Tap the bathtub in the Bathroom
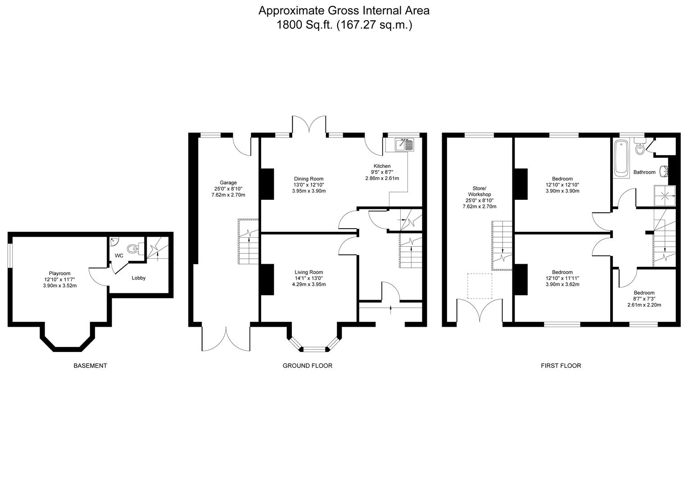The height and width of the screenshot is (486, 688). (x=621, y=158)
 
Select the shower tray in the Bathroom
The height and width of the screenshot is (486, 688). (x=665, y=195)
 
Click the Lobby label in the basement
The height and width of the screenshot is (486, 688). (x=138, y=278)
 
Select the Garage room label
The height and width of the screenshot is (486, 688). (x=228, y=182)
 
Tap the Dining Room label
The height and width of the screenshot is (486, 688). (x=308, y=179)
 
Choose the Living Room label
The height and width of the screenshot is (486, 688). (x=308, y=272)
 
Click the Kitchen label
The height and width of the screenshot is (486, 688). (x=382, y=166)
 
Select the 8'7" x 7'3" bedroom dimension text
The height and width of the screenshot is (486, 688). (x=644, y=299)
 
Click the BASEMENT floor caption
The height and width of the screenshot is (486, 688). (x=90, y=366)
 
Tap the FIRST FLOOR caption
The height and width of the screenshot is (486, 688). (x=561, y=366)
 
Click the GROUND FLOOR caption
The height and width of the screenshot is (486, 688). (x=307, y=366)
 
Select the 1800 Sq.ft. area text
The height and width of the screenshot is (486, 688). (x=304, y=25)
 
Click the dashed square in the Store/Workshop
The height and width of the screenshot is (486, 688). (x=480, y=286)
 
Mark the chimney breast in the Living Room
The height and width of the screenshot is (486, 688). (x=267, y=279)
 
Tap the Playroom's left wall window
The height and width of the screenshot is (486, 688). (x=10, y=255)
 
